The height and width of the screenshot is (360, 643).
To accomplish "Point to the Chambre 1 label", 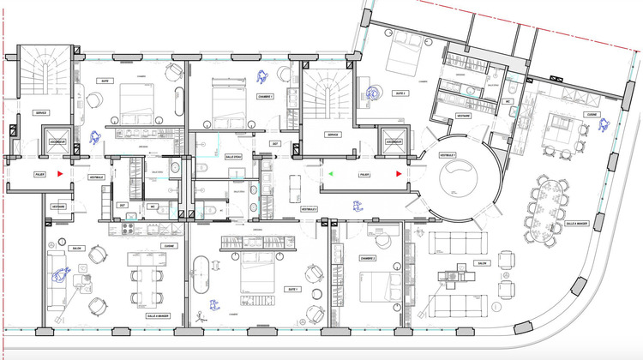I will point(265,97).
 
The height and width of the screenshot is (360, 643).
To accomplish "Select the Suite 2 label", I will point(401,93).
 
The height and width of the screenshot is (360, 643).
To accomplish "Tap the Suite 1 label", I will point(292,289).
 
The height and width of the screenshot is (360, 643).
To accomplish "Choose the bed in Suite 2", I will point(406,58).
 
